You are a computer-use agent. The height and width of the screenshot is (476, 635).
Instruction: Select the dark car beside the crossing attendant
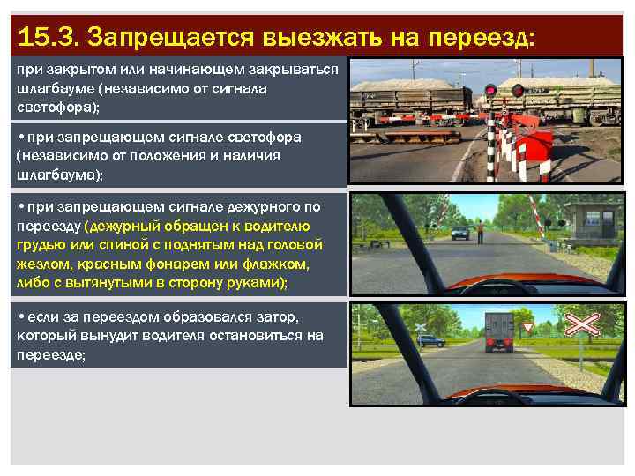459,233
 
